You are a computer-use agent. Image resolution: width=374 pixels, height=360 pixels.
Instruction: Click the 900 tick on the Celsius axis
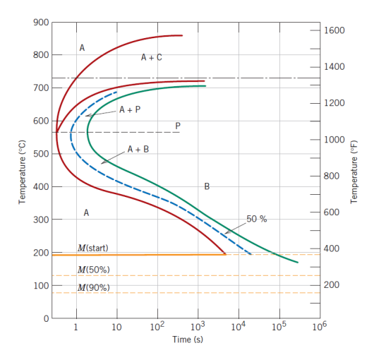40,22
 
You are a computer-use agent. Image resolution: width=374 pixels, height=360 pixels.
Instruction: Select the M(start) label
92,248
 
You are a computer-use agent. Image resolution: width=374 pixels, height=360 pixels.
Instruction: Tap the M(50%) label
93,270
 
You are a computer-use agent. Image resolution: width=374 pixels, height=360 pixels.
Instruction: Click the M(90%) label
93,287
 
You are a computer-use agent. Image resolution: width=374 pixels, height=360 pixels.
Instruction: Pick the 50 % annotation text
257,219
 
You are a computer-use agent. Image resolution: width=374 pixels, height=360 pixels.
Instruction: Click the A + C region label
151,58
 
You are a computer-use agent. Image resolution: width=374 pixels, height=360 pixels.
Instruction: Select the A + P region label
130,109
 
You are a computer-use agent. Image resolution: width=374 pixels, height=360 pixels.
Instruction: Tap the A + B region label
138,150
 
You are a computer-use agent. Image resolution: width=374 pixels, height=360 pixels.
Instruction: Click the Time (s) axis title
188,340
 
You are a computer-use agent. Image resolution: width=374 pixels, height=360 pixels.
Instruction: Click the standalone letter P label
178,125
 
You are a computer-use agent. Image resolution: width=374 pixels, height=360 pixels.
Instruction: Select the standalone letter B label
206,186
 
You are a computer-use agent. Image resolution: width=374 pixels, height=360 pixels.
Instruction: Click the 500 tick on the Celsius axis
40,154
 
